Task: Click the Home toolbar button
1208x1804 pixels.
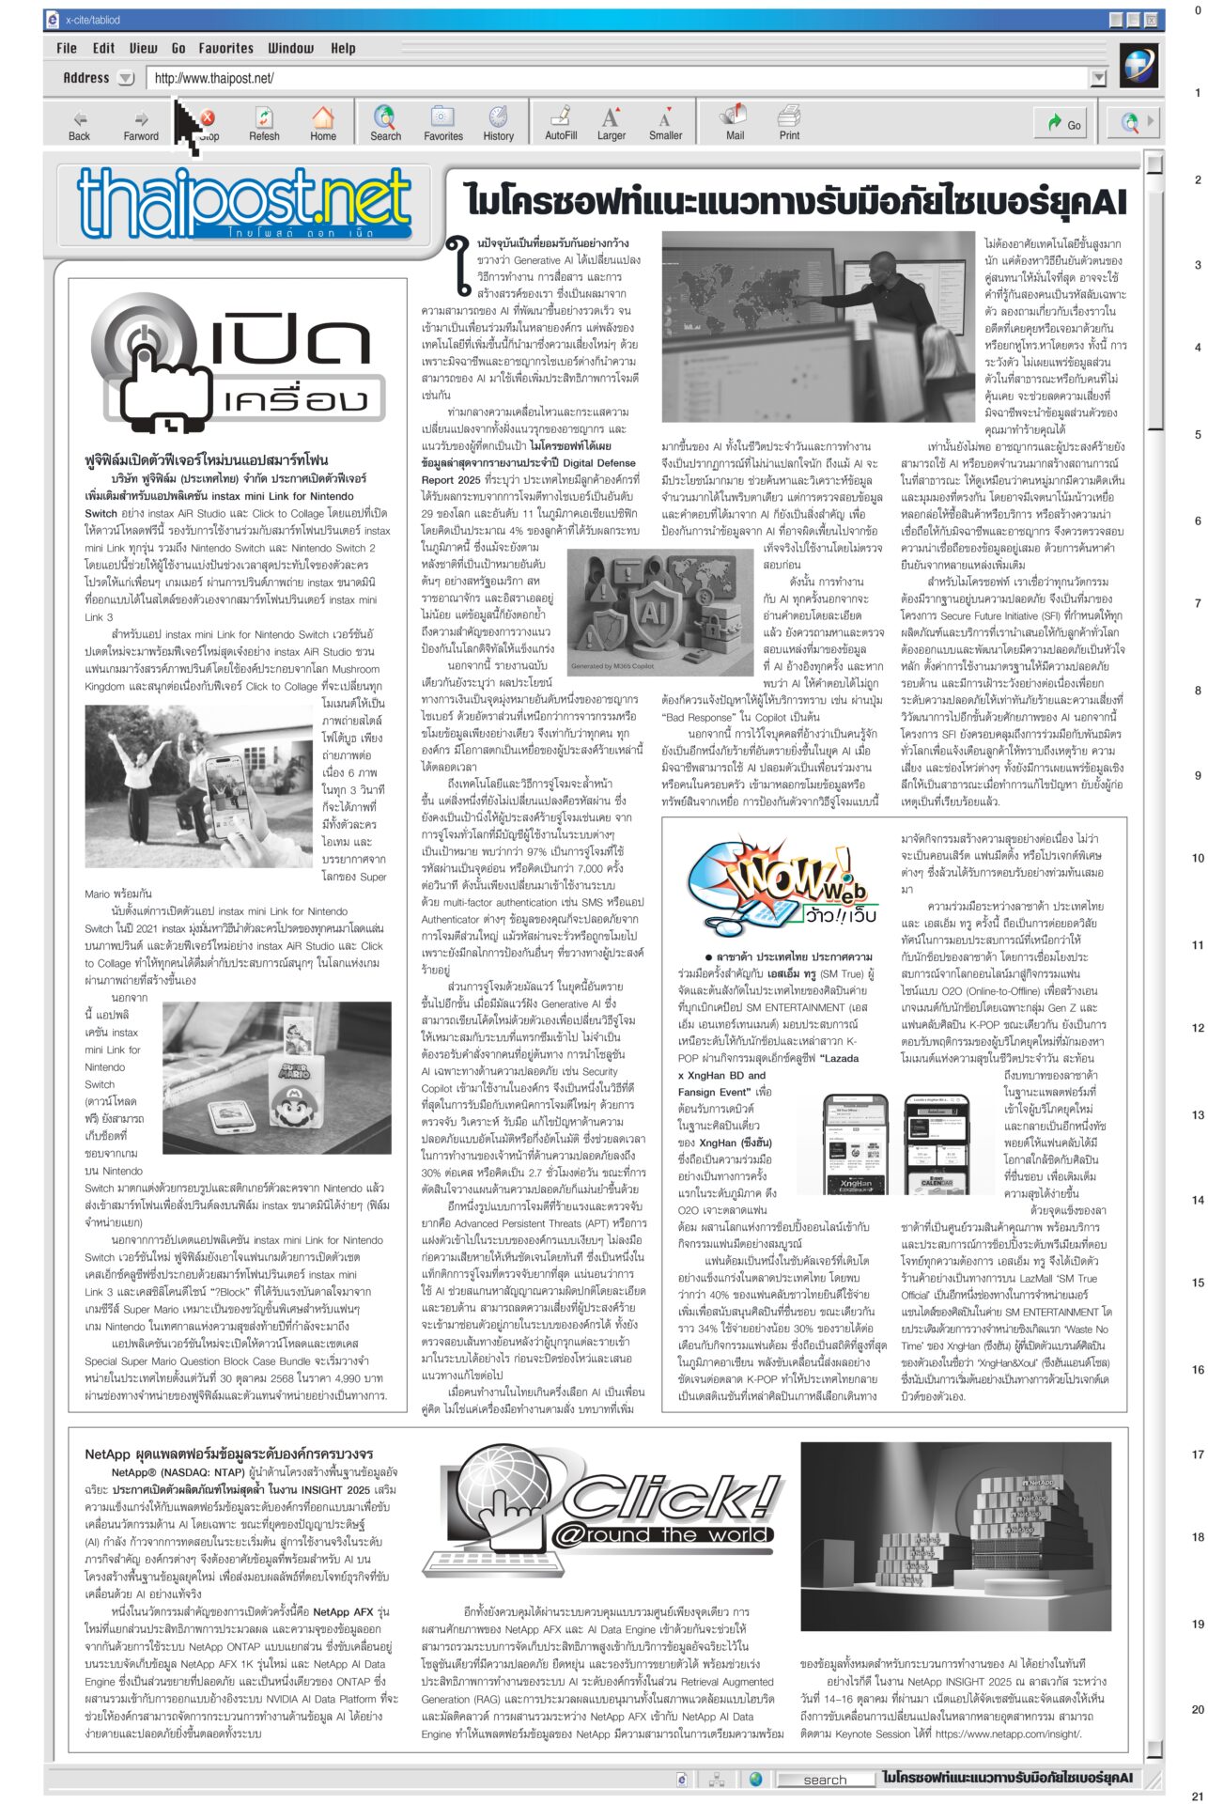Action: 322,123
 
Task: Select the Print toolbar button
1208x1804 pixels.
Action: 789,123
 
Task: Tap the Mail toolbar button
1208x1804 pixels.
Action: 735,123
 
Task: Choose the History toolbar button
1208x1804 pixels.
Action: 498,123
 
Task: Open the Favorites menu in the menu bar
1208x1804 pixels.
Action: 225,48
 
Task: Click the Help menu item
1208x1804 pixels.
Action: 343,48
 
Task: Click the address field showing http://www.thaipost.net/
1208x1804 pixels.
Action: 620,79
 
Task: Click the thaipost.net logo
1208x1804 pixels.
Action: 244,202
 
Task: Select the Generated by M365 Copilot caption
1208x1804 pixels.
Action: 610,666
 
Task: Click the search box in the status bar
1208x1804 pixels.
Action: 825,1780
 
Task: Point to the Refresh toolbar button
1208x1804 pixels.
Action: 264,123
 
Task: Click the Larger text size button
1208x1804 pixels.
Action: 611,123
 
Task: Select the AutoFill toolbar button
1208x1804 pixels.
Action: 561,123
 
